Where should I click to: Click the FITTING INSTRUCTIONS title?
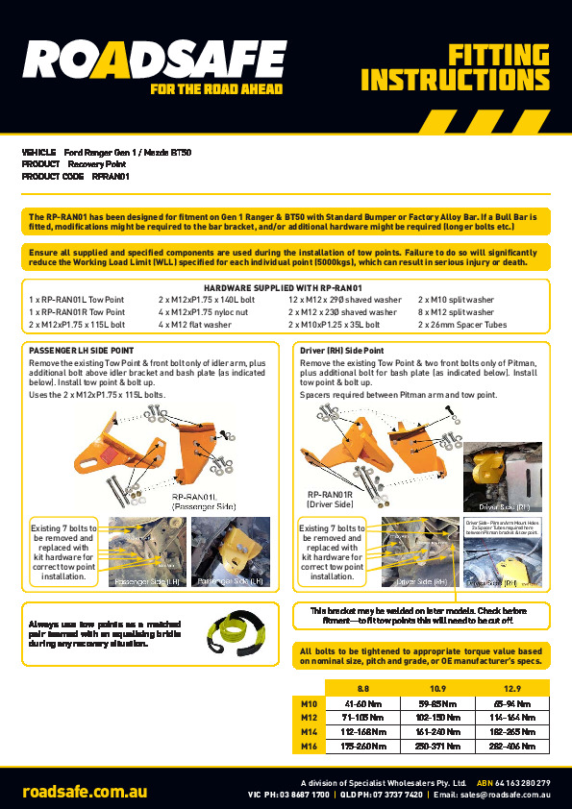pyautogui.click(x=460, y=67)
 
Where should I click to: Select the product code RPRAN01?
pyautogui.click(x=111, y=177)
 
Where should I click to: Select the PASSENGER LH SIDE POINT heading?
pyautogui.click(x=82, y=351)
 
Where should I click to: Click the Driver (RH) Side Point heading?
pyautogui.click(x=342, y=351)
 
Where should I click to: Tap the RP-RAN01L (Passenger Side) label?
pyautogui.click(x=203, y=501)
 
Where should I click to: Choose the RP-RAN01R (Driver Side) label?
pyautogui.click(x=330, y=499)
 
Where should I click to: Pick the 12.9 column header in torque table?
pyautogui.click(x=511, y=689)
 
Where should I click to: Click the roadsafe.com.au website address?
pyautogui.click(x=86, y=792)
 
